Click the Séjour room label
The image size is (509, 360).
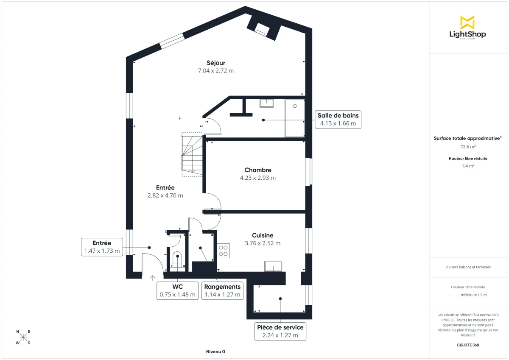(216, 63)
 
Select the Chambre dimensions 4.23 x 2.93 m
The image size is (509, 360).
(257, 178)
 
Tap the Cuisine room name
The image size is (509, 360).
(263, 235)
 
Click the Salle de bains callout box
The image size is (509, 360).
(338, 120)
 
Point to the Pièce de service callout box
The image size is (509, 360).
(280, 331)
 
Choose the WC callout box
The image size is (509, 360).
(177, 290)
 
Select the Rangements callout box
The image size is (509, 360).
(222, 290)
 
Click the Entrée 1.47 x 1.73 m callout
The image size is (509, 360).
(102, 247)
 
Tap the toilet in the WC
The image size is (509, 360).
(177, 259)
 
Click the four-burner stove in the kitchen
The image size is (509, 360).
(224, 251)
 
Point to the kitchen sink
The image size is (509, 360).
(273, 266)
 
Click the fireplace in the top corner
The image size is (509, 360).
(262, 29)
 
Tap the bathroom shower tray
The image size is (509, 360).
(295, 118)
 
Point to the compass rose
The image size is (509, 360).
(23, 337)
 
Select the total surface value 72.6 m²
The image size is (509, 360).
(468, 147)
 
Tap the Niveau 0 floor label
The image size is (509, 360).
(215, 352)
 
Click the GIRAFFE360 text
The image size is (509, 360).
(468, 345)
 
